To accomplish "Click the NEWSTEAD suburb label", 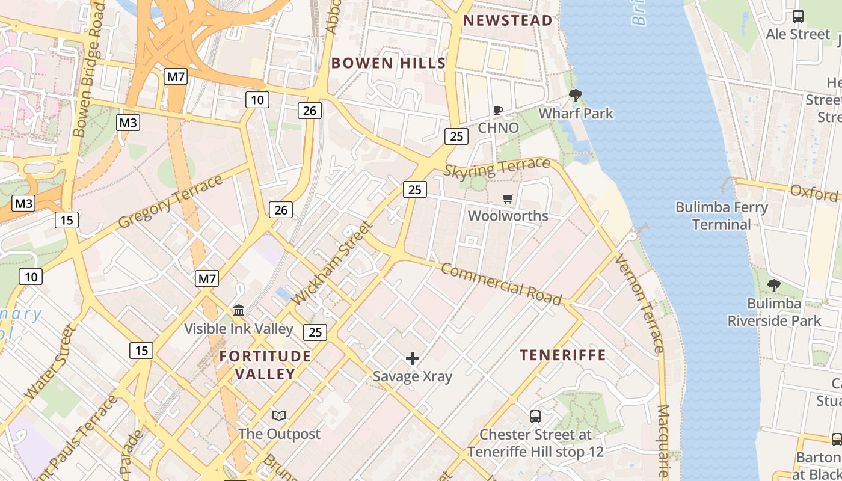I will click(508, 20).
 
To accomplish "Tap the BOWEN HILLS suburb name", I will click(389, 63).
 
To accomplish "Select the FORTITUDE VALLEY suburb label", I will click(265, 365).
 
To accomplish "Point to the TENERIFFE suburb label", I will click(563, 355).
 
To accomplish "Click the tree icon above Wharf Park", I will click(576, 96).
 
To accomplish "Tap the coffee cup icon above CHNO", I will click(498, 111).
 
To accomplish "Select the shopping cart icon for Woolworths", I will click(508, 198).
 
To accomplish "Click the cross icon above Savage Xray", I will click(413, 359).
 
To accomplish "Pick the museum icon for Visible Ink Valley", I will click(239, 311).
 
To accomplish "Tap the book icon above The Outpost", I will click(279, 416).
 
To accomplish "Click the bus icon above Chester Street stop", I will click(535, 416).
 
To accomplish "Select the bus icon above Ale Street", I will click(798, 17).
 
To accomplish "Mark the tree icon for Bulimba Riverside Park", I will click(774, 286).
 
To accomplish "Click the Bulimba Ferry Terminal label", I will click(722, 216).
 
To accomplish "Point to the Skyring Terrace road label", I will click(497, 168).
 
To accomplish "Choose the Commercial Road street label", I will click(501, 284).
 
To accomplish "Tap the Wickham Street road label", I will click(332, 263).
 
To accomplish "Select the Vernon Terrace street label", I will click(640, 303).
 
